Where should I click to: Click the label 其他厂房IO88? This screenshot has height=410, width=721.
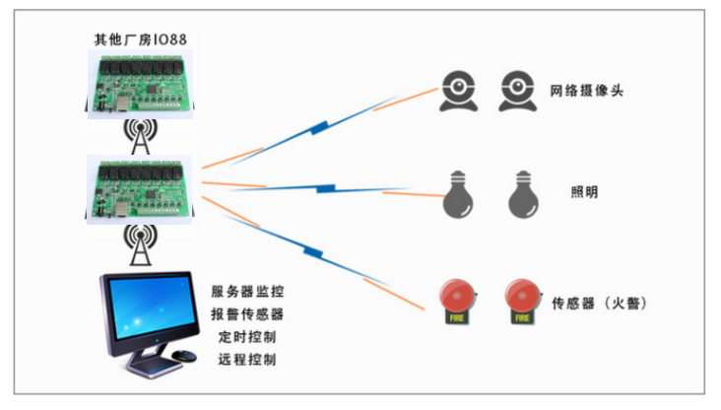point(140,39)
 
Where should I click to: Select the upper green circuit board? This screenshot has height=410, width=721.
point(140,84)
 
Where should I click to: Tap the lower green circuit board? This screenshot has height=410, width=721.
point(139,189)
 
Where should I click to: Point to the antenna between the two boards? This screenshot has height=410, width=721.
point(140,137)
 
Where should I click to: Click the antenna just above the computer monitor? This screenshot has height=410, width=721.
point(140,244)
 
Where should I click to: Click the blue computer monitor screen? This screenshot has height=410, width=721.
point(153,306)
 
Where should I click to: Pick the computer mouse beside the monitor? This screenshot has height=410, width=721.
point(184,356)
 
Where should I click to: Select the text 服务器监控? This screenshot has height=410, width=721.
point(247,292)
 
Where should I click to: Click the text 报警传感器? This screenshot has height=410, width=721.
point(247,314)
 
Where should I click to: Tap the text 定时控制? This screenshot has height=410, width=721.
point(247,337)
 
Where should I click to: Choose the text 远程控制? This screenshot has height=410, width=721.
point(247,360)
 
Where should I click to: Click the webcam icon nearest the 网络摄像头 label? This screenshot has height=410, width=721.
point(518,91)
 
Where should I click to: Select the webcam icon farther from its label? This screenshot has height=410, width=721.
point(458,91)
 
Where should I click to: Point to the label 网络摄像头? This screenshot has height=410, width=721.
point(587,91)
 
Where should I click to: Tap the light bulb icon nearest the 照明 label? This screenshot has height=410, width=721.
point(523,194)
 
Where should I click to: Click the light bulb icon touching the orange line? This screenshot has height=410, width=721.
point(458,194)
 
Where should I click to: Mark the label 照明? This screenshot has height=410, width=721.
point(584,192)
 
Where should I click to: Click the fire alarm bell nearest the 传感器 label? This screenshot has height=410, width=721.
point(523,302)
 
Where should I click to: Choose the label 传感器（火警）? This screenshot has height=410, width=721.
point(599,304)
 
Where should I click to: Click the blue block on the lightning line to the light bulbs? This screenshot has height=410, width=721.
point(326,188)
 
